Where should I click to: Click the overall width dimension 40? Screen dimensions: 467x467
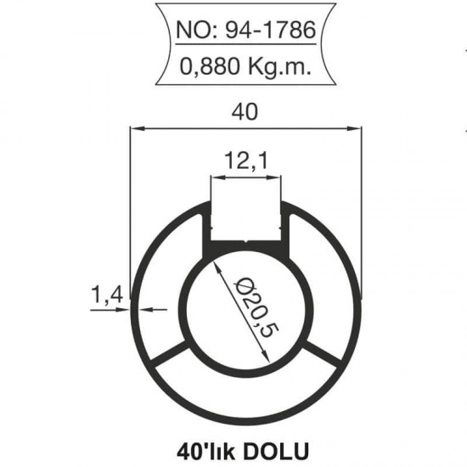click(x=246, y=111)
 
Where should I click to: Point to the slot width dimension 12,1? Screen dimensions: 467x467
click(x=245, y=159)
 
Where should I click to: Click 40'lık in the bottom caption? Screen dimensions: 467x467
click(x=209, y=447)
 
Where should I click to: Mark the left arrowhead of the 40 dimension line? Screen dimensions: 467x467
click(x=135, y=129)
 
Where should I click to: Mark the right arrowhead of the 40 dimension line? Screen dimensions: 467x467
click(x=357, y=129)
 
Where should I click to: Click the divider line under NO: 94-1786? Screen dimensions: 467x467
click(x=245, y=50)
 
